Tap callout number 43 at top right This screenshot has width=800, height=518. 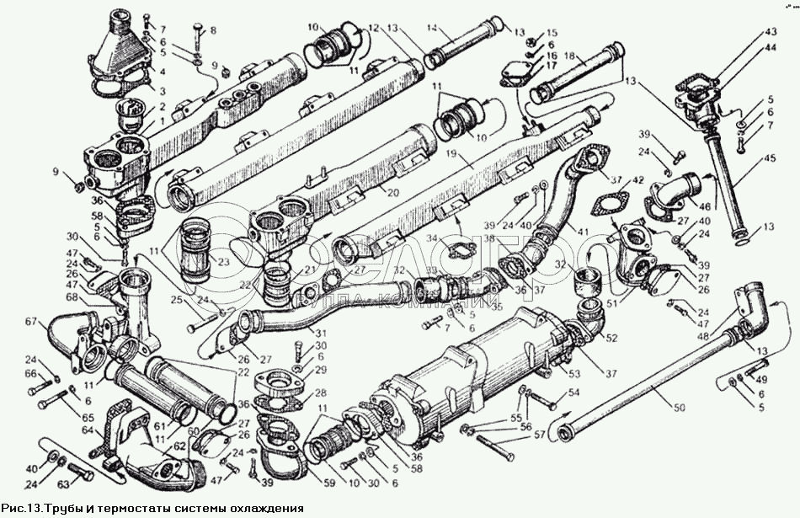point(770,32)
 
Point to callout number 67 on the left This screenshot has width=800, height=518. point(33,321)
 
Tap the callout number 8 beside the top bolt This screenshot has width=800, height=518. point(212,30)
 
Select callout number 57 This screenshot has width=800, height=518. point(541,436)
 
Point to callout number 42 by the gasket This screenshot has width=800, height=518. point(638,179)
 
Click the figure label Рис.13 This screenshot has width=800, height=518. point(20,508)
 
